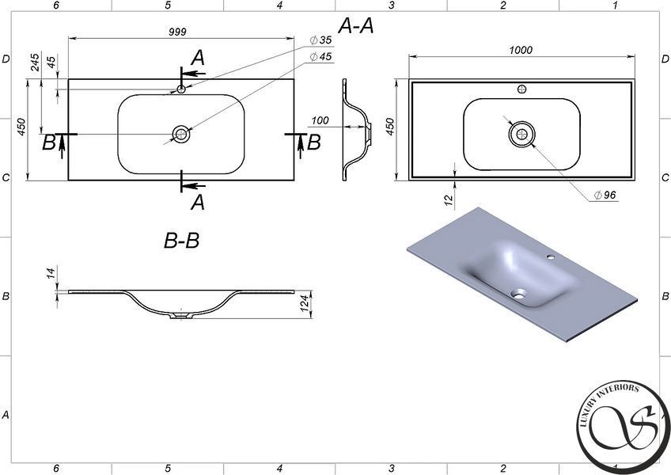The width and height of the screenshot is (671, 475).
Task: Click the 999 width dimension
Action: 177,32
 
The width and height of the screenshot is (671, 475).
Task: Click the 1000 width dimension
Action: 521,50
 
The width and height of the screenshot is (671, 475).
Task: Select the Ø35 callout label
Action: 321,40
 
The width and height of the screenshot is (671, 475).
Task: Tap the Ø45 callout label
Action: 321,56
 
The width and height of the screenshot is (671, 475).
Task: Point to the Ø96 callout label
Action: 605,195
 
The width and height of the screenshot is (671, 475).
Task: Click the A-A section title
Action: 355,25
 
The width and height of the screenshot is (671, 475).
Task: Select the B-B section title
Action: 181,241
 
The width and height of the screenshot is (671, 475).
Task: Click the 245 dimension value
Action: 35,62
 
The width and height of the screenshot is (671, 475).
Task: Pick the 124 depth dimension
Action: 305,303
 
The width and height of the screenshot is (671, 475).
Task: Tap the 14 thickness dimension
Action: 51,272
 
